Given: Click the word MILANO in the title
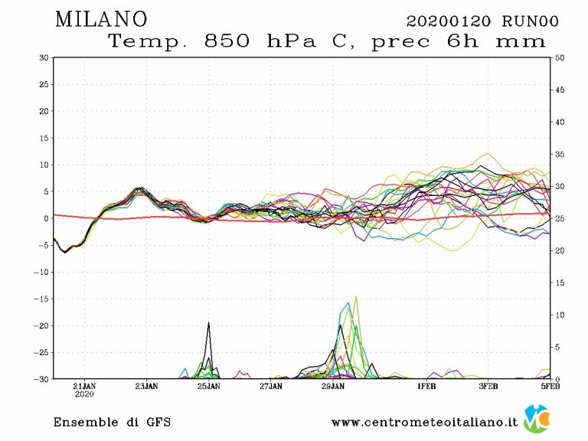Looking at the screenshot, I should pyautogui.click(x=102, y=19).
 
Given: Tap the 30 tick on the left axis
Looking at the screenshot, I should pyautogui.click(x=44, y=57).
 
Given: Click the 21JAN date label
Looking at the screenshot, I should pyautogui.click(x=84, y=387).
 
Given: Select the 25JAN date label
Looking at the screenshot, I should pyautogui.click(x=208, y=387).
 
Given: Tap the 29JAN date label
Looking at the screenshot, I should pyautogui.click(x=332, y=387).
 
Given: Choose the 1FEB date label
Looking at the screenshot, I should pyautogui.click(x=426, y=387).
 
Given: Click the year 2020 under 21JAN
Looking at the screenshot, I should pyautogui.click(x=84, y=396).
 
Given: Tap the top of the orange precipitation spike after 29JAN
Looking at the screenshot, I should pyautogui.click(x=356, y=297).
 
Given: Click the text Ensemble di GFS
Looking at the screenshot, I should pyautogui.click(x=112, y=422).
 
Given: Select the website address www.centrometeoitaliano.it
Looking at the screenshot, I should pyautogui.click(x=424, y=422).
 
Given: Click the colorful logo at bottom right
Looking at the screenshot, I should pyautogui.click(x=537, y=419).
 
